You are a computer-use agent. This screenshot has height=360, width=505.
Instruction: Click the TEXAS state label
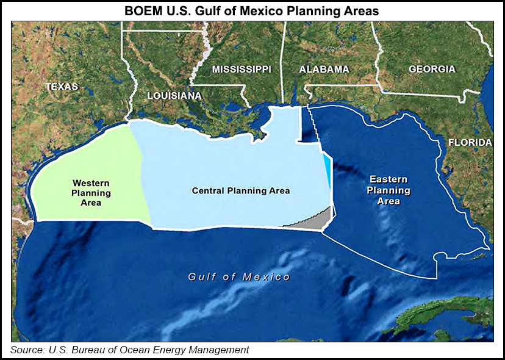click(62, 87)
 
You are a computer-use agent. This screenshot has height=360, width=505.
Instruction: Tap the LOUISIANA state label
click(174, 96)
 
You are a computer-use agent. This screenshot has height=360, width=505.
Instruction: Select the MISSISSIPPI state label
click(242, 70)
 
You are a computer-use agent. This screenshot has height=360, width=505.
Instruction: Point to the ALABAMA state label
click(324, 70)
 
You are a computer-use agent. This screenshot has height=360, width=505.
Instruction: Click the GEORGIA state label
click(432, 69)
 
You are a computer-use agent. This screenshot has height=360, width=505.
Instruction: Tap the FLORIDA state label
click(470, 143)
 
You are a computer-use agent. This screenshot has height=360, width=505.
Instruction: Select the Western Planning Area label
click(91, 193)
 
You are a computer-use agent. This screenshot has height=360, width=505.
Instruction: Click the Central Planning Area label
click(241, 191)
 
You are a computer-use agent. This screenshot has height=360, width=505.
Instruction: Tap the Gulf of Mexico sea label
click(239, 277)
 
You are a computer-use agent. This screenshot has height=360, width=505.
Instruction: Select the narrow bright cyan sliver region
click(328, 170)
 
